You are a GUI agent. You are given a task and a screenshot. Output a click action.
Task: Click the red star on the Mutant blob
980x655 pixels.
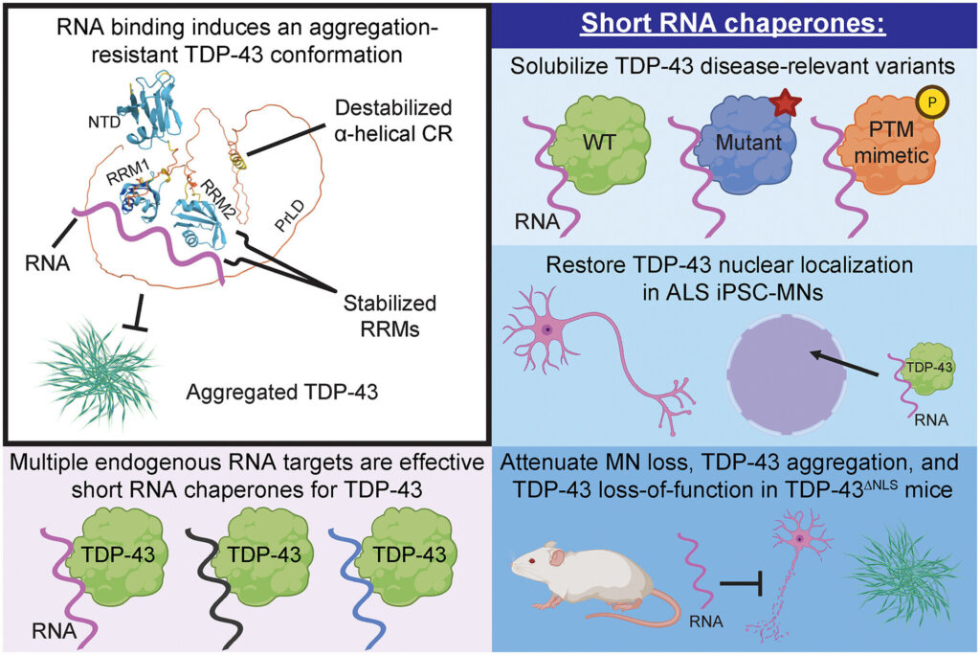click(785, 102)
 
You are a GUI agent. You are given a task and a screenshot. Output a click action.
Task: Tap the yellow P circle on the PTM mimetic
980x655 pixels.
click(932, 102)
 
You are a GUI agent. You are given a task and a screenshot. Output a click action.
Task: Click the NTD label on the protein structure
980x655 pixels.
click(104, 122)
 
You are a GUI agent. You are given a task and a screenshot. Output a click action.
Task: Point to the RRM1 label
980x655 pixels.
click(128, 171)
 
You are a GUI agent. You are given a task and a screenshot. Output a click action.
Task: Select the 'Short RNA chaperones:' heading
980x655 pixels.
click(733, 23)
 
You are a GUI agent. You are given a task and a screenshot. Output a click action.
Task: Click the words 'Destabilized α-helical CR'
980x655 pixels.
click(393, 120)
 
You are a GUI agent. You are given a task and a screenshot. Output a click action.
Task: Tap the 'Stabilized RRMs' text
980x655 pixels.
click(390, 316)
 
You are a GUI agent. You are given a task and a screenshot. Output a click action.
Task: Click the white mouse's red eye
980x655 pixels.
click(532, 560)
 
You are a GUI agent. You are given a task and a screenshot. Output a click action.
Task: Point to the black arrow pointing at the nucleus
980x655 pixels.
click(845, 364)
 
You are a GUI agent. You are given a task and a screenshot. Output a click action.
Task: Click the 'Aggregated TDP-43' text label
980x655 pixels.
click(282, 393)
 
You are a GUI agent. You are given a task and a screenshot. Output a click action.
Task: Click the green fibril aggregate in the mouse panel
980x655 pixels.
click(903, 574)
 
